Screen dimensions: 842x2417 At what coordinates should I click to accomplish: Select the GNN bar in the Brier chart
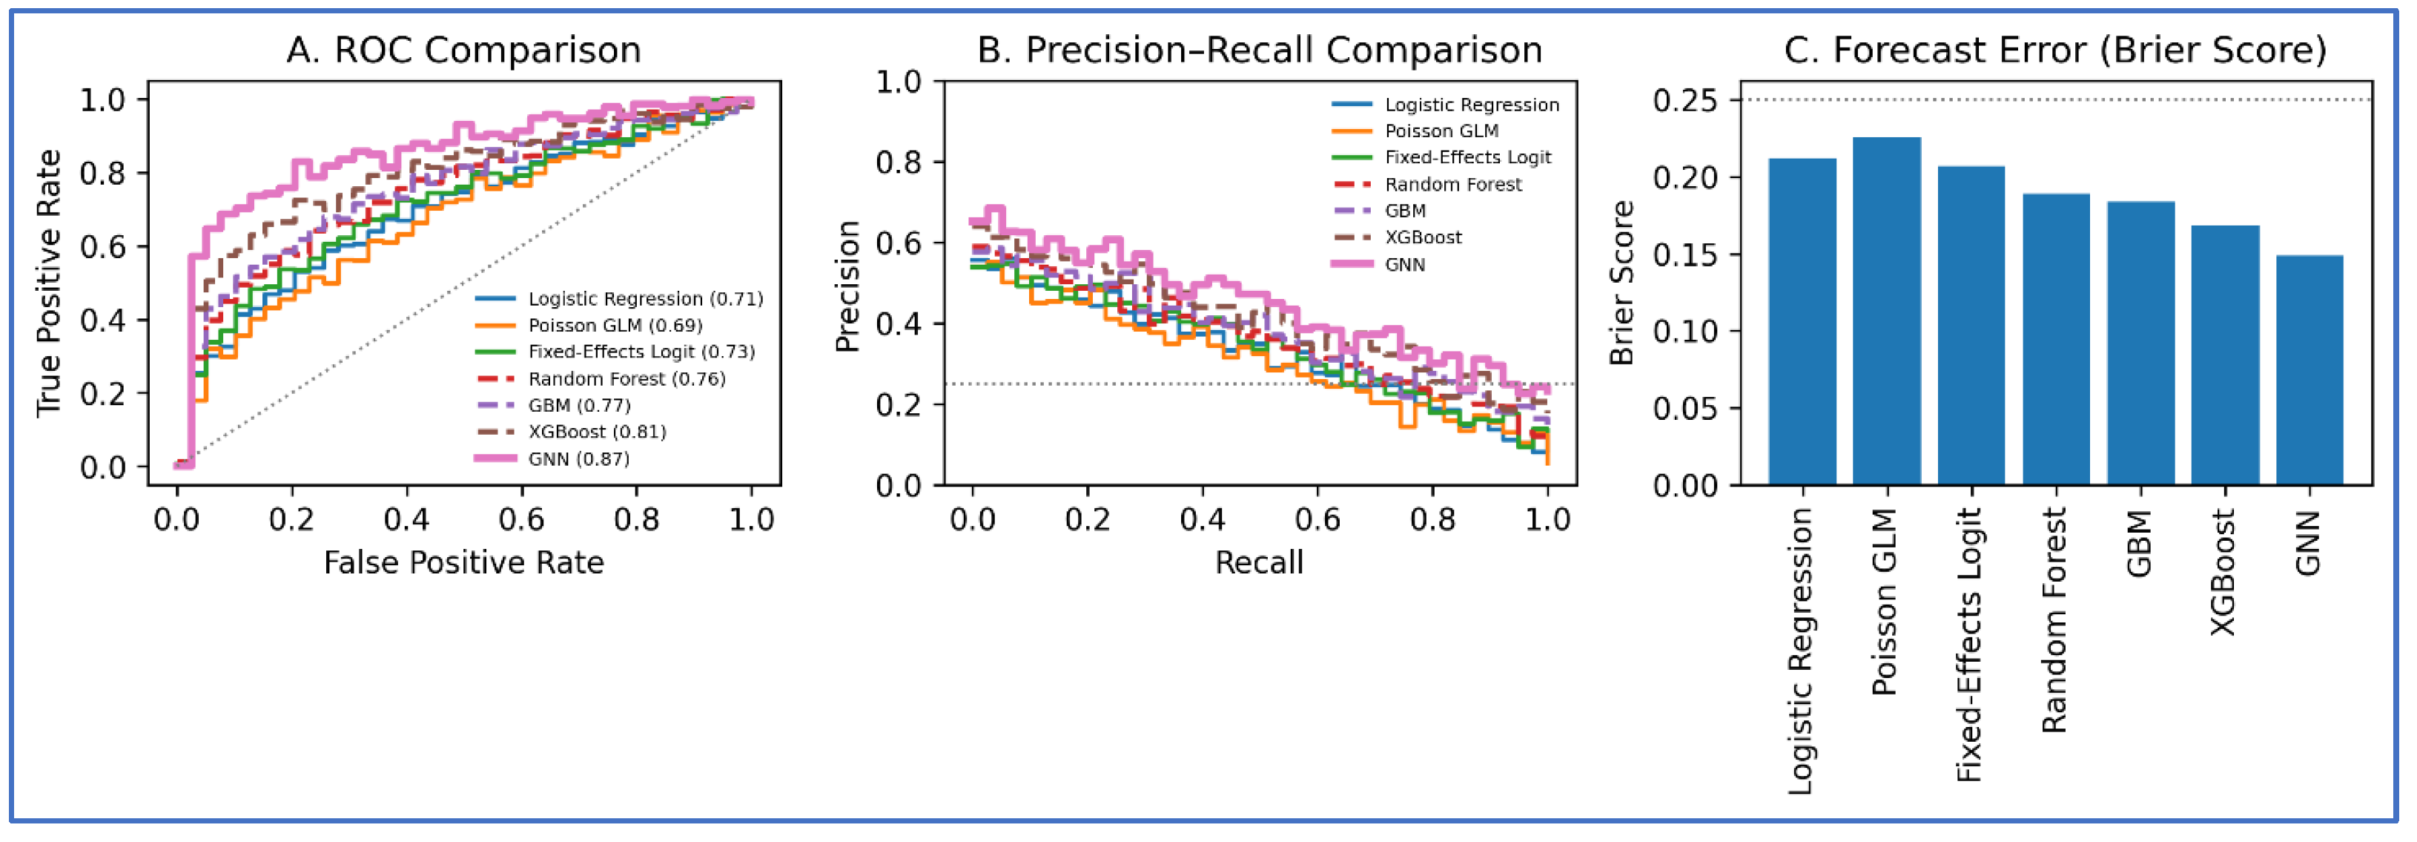[2309, 371]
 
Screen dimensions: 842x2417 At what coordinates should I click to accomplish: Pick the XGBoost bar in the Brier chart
[2225, 356]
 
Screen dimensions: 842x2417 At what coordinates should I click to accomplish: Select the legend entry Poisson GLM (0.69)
[615, 326]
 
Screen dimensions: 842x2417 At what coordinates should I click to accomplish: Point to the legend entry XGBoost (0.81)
[597, 432]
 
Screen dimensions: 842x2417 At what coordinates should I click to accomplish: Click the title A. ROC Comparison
[463, 50]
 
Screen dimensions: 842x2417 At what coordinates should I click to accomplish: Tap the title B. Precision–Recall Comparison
[1259, 50]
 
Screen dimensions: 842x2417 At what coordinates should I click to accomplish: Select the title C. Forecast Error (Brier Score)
[2055, 50]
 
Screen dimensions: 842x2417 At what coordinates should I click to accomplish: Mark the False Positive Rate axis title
[463, 562]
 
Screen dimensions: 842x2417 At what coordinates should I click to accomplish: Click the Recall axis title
[1259, 562]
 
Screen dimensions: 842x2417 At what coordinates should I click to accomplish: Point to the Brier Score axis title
[1622, 283]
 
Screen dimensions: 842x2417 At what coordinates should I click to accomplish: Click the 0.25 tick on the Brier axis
[1684, 100]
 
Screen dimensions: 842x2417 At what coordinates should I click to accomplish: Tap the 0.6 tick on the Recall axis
[1317, 519]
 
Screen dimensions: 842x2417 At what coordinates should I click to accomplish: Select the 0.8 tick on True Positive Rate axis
[102, 174]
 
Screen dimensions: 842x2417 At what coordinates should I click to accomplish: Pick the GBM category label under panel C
[2138, 545]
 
